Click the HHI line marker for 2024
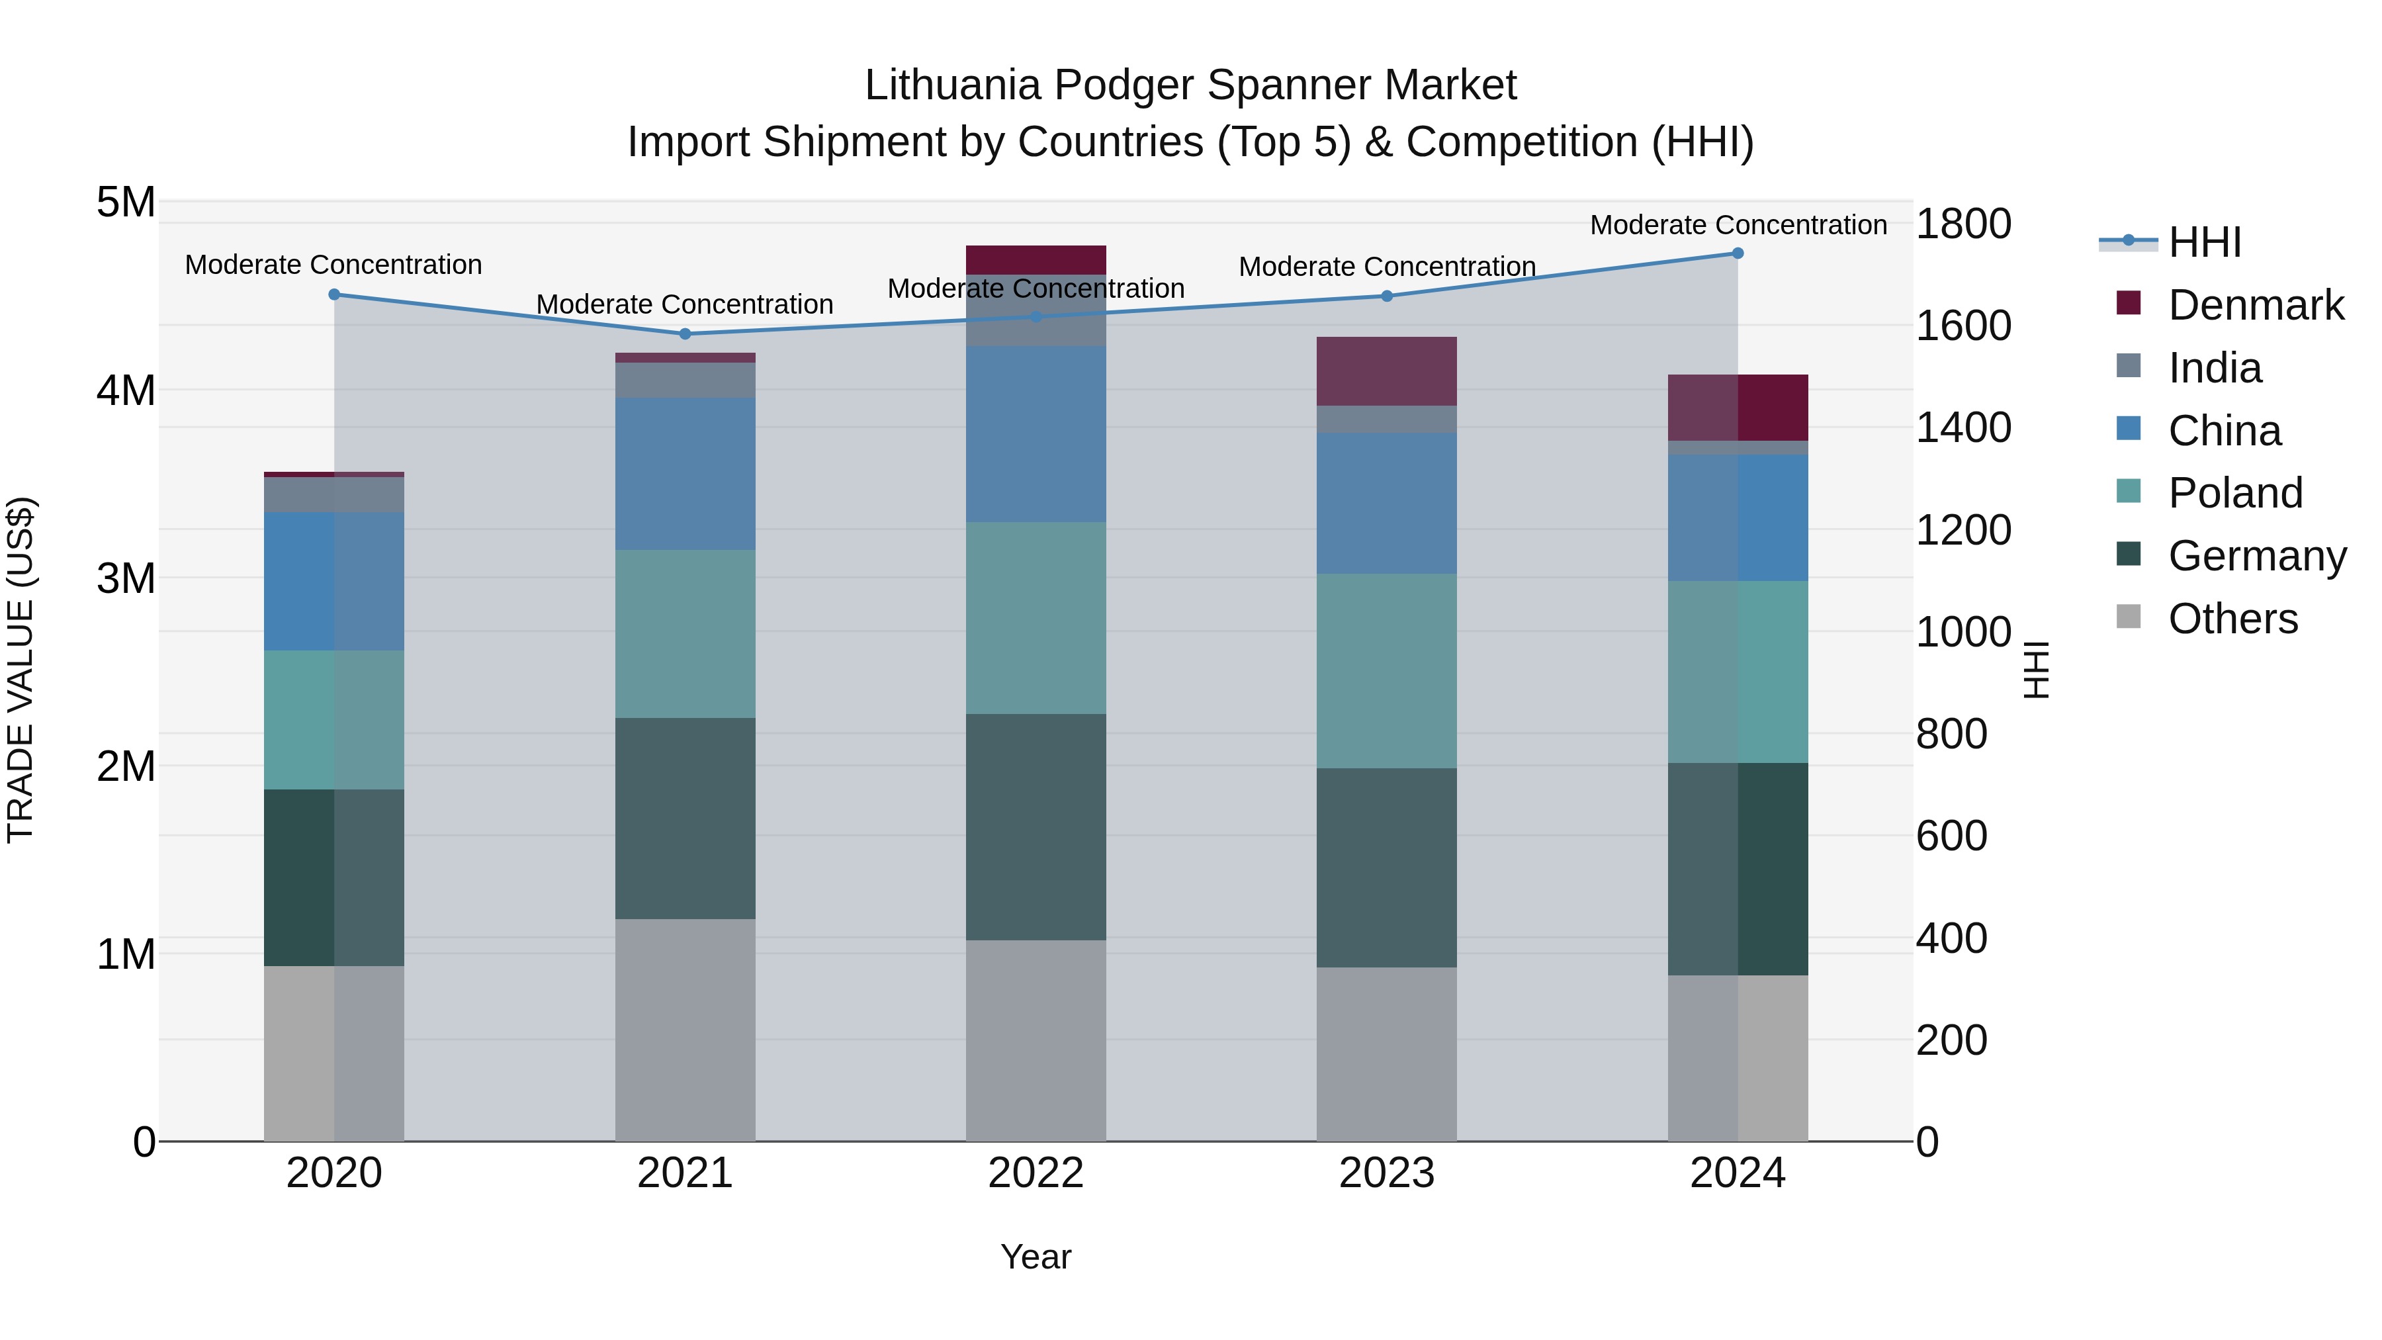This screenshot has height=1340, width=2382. [x=1738, y=253]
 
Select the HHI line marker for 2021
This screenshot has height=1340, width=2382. [x=685, y=334]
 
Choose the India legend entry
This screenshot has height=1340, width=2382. [x=2214, y=368]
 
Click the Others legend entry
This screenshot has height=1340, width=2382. [x=2232, y=619]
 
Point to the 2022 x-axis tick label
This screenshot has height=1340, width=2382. [x=1036, y=1173]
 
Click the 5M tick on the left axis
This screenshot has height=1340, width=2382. [x=126, y=202]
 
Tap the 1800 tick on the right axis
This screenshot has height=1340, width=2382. [x=1963, y=224]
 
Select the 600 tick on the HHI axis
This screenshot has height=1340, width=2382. [x=1951, y=836]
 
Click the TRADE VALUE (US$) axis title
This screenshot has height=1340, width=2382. [x=21, y=670]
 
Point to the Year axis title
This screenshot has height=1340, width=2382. [x=1036, y=1257]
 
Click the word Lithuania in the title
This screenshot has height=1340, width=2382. [x=952, y=85]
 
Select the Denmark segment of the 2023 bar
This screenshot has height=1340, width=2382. [x=1386, y=371]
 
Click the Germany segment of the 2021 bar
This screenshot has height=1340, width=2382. [x=685, y=819]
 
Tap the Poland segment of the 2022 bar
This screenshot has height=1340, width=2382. [x=1036, y=618]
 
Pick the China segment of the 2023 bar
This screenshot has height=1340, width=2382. [x=1386, y=503]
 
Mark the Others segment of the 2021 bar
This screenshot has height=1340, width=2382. [x=685, y=1029]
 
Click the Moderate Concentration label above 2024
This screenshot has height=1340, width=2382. [x=1738, y=225]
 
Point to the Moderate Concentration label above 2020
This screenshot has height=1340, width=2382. [x=334, y=265]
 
